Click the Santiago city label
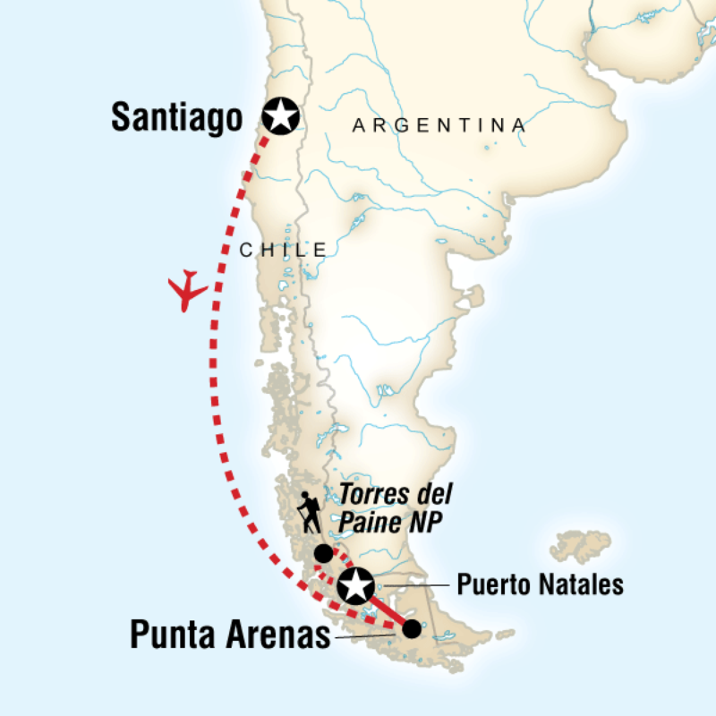click(x=177, y=117)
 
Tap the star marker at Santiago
click(x=281, y=115)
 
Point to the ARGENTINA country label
click(x=439, y=126)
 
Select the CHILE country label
click(x=283, y=251)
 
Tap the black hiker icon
click(x=309, y=513)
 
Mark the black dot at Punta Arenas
click(x=411, y=629)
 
